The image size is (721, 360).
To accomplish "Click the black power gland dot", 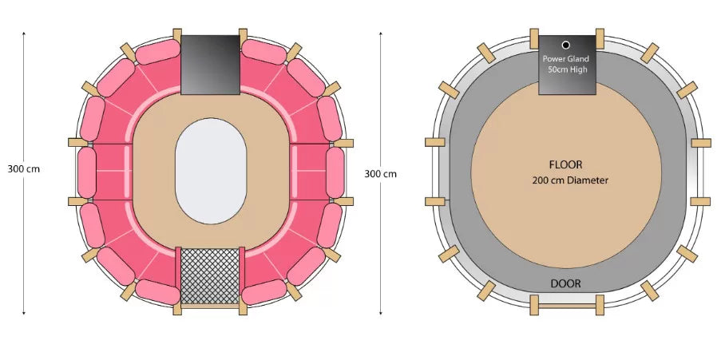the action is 566,45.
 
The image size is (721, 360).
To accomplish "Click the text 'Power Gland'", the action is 565,59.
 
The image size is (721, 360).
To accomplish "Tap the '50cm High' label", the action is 568,70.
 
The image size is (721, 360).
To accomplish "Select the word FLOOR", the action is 565,164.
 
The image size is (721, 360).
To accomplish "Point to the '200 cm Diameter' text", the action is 570,180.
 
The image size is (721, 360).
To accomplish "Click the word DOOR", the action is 565,283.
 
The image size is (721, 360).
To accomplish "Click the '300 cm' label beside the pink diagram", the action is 23,168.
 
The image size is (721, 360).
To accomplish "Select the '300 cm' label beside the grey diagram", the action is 380,174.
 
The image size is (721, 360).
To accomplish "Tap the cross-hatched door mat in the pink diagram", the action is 210,276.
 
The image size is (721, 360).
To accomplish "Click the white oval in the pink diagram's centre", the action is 211,171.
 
